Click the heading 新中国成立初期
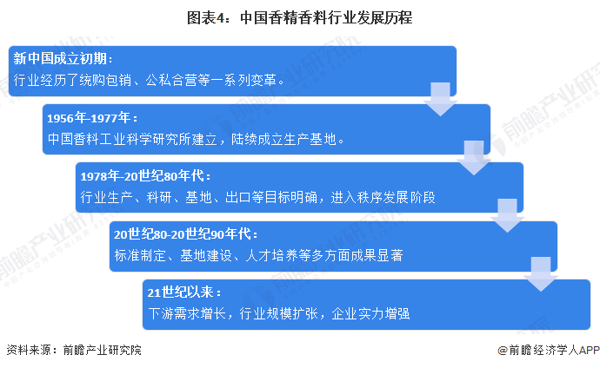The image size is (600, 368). (63, 58)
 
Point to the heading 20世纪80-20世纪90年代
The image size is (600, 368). (185, 234)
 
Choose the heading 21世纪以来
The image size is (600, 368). (184, 292)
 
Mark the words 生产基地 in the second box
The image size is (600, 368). (313, 138)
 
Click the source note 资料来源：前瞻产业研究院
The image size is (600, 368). (73, 350)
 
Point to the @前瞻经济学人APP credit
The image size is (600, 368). (543, 350)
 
